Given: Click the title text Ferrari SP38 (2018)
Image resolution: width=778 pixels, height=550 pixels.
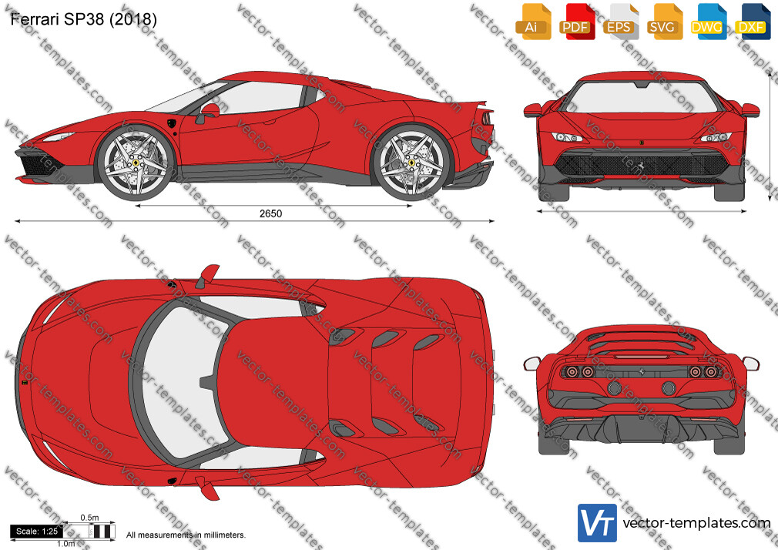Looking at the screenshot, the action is pos(83,18).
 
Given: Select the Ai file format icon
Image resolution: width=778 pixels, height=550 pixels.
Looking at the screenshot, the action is pos(533,22).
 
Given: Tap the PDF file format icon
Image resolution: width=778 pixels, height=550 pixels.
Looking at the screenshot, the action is pos(576,22).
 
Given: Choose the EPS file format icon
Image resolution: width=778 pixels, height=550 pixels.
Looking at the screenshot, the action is pos(620,22).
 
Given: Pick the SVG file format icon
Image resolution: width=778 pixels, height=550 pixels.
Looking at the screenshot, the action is pos(664,22).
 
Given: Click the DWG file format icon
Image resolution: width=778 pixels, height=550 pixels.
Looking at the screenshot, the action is pos(708,22).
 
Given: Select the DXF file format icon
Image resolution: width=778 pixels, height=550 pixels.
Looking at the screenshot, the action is pos(753,22).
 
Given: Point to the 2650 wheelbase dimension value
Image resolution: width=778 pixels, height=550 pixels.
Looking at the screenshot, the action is pos(270,213).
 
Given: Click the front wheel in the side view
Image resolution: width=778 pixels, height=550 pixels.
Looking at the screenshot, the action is pos(135,163).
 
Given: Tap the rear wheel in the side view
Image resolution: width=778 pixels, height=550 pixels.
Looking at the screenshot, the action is pos(411,163).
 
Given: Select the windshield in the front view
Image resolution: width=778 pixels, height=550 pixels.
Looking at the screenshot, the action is pos(642,97).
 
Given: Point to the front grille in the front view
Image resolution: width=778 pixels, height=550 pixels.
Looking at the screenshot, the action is pos(642,165).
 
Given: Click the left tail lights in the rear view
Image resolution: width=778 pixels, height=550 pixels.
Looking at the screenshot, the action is pos(579,371).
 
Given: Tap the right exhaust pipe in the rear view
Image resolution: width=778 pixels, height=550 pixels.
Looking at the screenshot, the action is pos(669,388).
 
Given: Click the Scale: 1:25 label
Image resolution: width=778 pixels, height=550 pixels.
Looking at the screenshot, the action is pos(37,532).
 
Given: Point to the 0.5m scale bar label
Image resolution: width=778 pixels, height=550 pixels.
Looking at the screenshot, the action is pos(90,518).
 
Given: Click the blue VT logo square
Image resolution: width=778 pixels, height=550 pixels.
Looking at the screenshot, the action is pos(598,523).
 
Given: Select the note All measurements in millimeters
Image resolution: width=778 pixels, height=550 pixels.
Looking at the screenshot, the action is pos(186,535).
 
